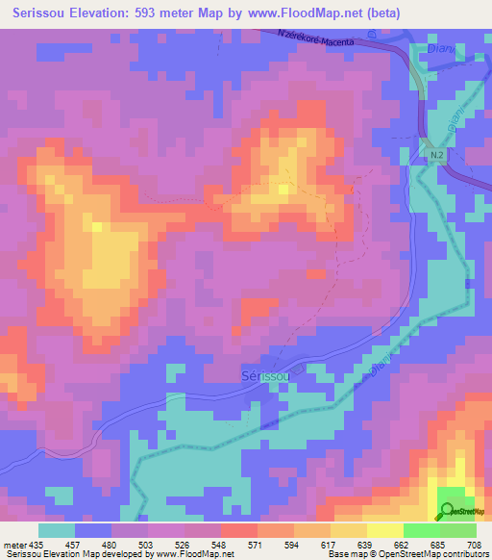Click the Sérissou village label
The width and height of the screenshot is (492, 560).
coord(264,376)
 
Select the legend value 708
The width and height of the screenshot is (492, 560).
coord(474,545)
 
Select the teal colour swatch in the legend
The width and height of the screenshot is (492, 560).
coord(57,530)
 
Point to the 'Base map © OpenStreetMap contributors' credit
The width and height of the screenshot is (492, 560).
coord(407,554)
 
